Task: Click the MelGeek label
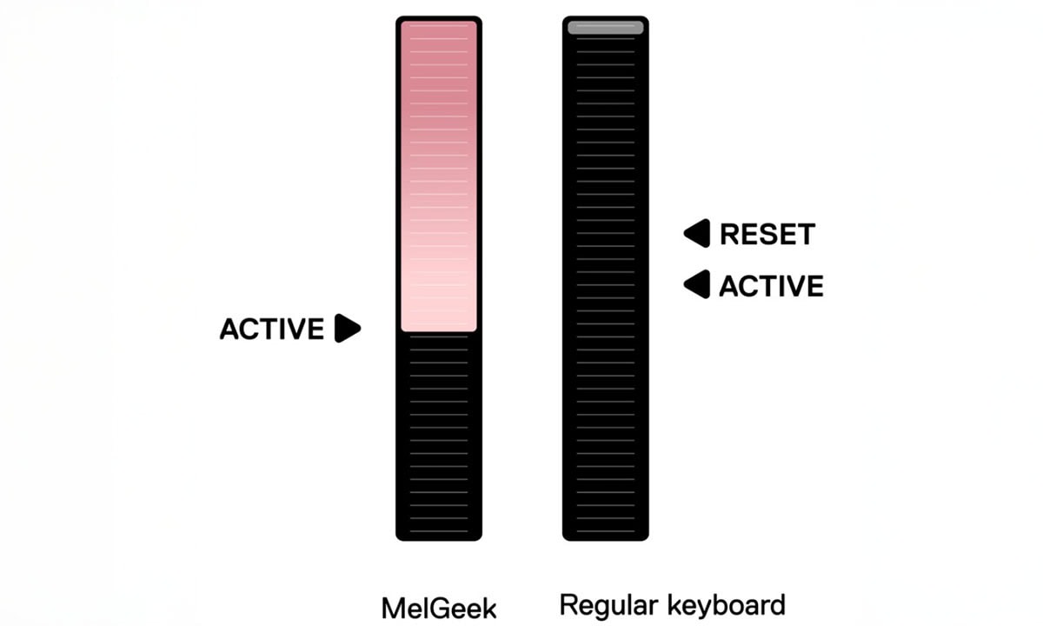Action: [x=439, y=607]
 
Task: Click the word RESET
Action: [x=767, y=234]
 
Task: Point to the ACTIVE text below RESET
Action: [x=771, y=285]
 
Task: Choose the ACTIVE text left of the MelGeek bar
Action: [x=271, y=329]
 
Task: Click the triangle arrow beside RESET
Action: [x=697, y=233]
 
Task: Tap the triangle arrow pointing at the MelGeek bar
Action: [x=348, y=328]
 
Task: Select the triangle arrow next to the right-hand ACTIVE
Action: [x=697, y=284]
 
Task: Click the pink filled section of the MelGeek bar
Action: [x=439, y=174]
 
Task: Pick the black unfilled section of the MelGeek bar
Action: [x=439, y=435]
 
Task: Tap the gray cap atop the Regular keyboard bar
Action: [x=606, y=28]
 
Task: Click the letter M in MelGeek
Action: [x=393, y=607]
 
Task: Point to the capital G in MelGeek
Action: [x=439, y=607]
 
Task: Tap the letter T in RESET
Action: [x=805, y=234]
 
